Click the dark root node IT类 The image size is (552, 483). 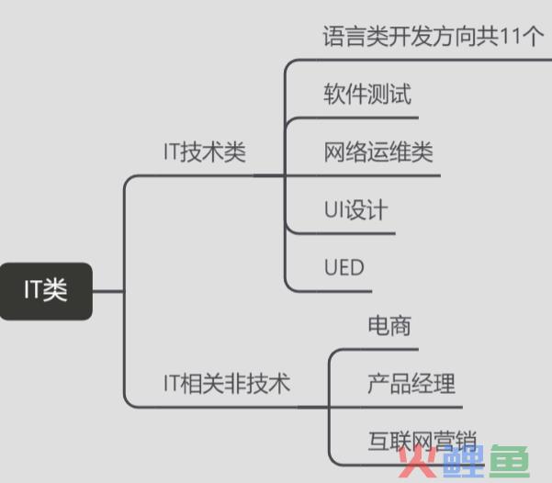click(x=46, y=291)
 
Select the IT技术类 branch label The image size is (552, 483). click(x=205, y=152)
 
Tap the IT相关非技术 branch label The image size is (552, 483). click(x=227, y=383)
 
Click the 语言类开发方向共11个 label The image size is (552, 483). click(x=434, y=36)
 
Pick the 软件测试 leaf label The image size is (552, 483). click(x=367, y=94)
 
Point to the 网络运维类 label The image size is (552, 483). click(x=378, y=152)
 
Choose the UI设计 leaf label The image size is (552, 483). click(x=356, y=209)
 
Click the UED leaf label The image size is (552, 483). click(x=344, y=267)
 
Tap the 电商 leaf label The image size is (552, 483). click(x=389, y=325)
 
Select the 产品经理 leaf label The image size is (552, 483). click(x=411, y=383)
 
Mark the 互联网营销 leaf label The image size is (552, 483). click(x=422, y=441)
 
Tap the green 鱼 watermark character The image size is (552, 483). click(x=510, y=461)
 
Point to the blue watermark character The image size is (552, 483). click(x=463, y=461)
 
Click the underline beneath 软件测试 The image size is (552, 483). click(x=352, y=118)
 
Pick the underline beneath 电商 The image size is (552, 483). click(x=373, y=350)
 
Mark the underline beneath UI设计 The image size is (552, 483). click(x=342, y=233)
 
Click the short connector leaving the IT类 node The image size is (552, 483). click(x=108, y=291)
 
